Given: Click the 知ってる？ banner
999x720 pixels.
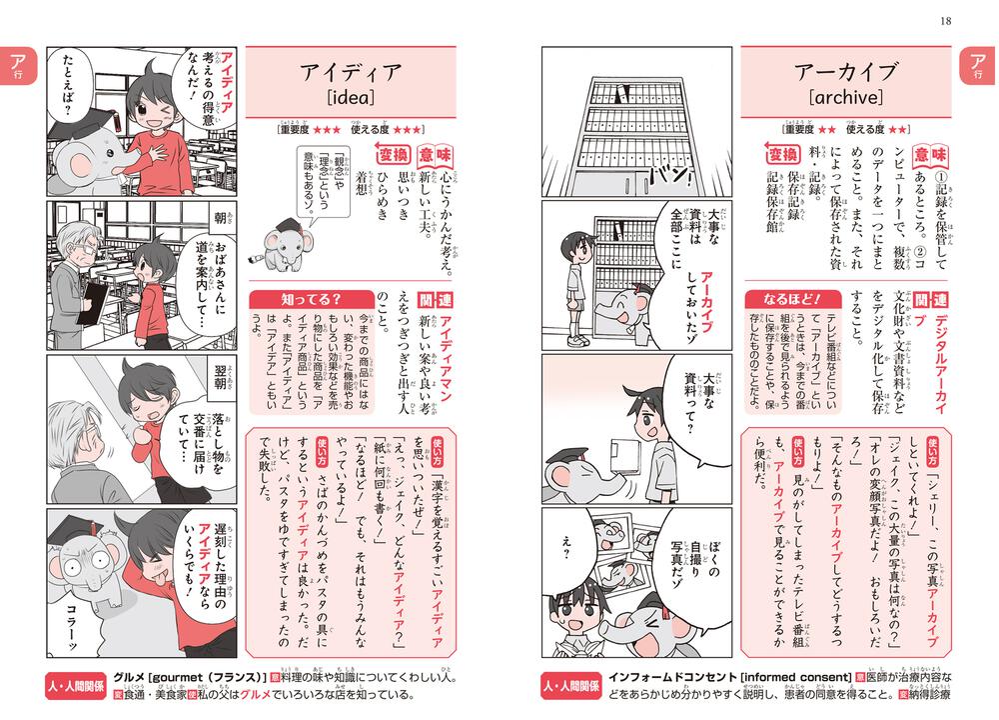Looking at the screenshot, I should pyautogui.click(x=297, y=299).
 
